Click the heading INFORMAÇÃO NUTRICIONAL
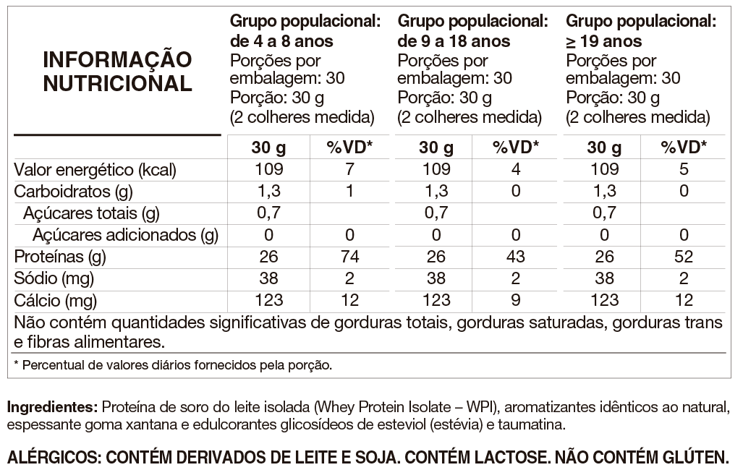pos(118,72)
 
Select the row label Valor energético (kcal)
pos(95,170)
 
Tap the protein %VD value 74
pos(349,257)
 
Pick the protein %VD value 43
pos(516,257)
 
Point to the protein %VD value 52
pos(684,257)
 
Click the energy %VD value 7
pos(349,170)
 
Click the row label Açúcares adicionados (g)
pos(125,235)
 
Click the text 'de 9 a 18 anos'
pos(454,41)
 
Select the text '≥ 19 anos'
pos(604,41)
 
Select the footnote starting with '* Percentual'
pos(173,364)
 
